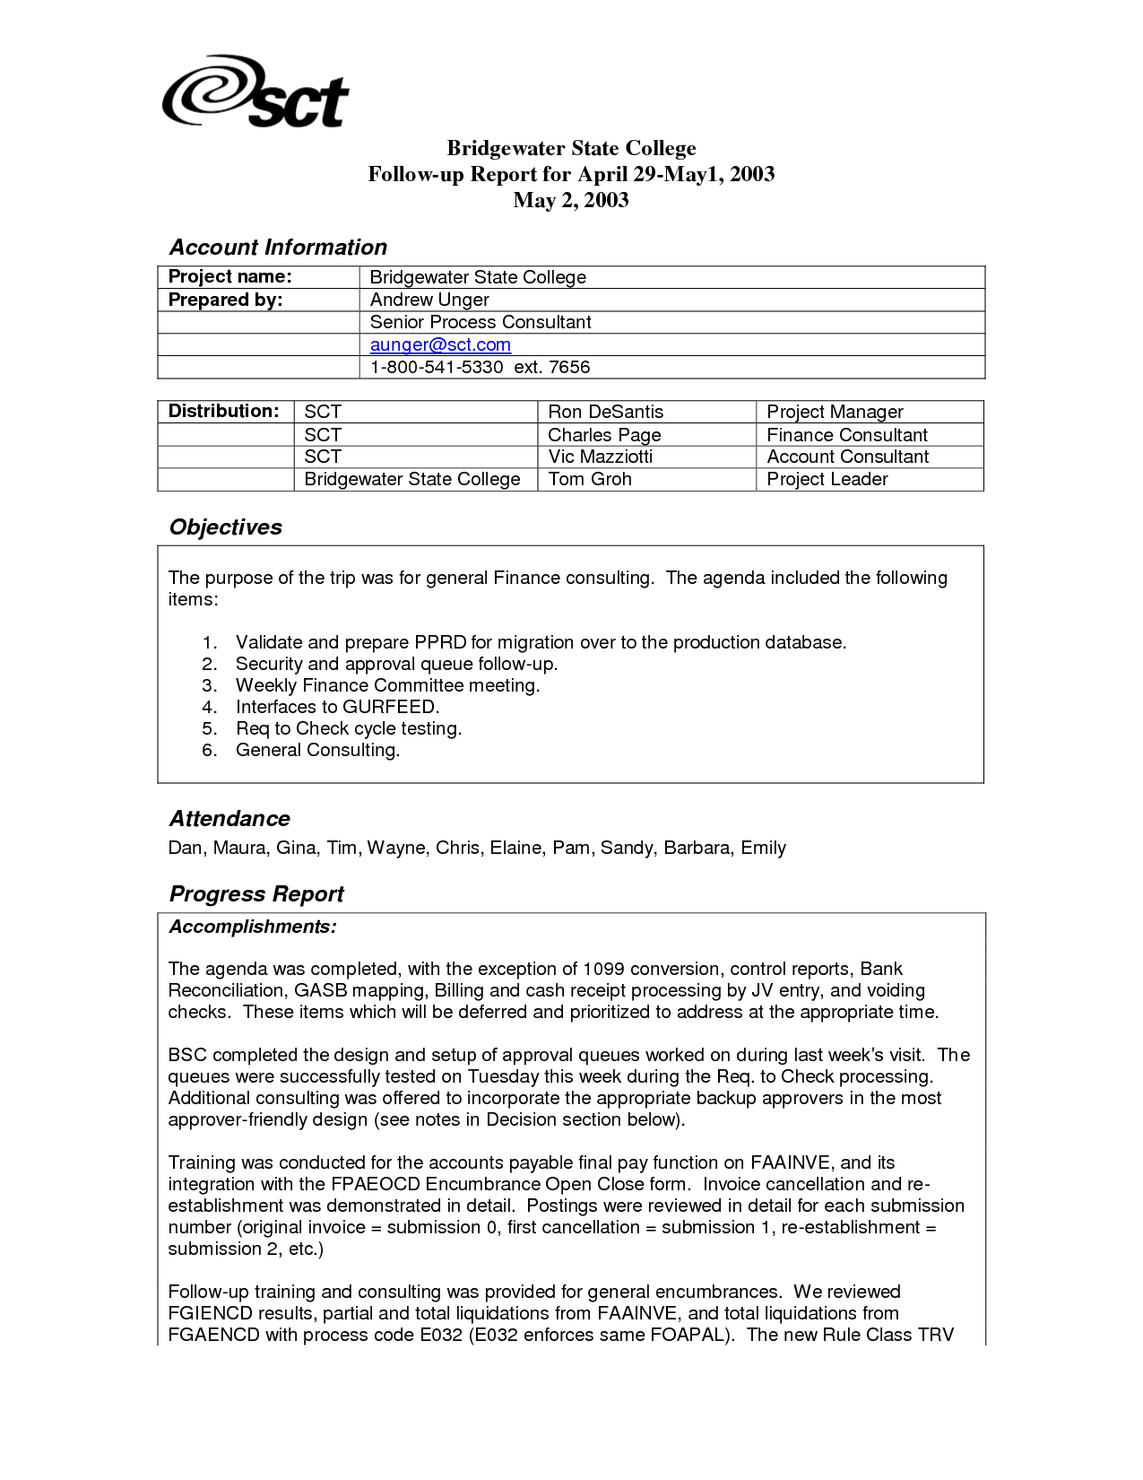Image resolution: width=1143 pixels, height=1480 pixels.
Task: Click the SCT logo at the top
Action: [x=255, y=92]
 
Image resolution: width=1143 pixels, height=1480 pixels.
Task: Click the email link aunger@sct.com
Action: [x=440, y=344]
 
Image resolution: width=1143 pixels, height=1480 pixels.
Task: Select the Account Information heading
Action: [x=278, y=248]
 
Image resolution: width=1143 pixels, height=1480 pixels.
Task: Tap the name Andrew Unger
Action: [x=429, y=300]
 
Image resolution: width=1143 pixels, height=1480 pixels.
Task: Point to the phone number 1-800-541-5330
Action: [x=437, y=367]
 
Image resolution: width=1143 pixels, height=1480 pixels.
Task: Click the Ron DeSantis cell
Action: [x=605, y=412]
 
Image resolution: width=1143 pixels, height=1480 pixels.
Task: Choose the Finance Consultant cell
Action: [x=846, y=435]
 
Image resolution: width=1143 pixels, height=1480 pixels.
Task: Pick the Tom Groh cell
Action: [x=590, y=479]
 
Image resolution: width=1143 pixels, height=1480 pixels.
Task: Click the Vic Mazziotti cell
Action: [x=600, y=457]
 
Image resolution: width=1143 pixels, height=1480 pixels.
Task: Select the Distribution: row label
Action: [x=224, y=411]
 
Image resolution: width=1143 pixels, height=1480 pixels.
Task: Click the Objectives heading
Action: [x=226, y=527]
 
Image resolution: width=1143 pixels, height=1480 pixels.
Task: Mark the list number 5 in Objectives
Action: [x=209, y=728]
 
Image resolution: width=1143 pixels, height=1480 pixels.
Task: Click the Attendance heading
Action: [x=229, y=819]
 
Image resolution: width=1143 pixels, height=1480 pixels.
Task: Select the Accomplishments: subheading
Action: [x=253, y=927]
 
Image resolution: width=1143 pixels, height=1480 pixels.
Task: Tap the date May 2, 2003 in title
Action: [x=571, y=200]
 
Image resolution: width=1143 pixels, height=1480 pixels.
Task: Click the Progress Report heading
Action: [x=256, y=894]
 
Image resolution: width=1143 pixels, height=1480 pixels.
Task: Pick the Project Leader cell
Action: [x=827, y=479]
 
